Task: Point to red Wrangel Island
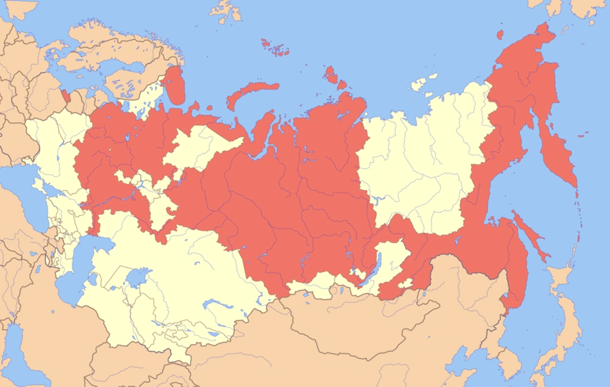point(500,35)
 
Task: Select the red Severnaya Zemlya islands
point(332,76)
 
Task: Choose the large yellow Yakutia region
point(421,165)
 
